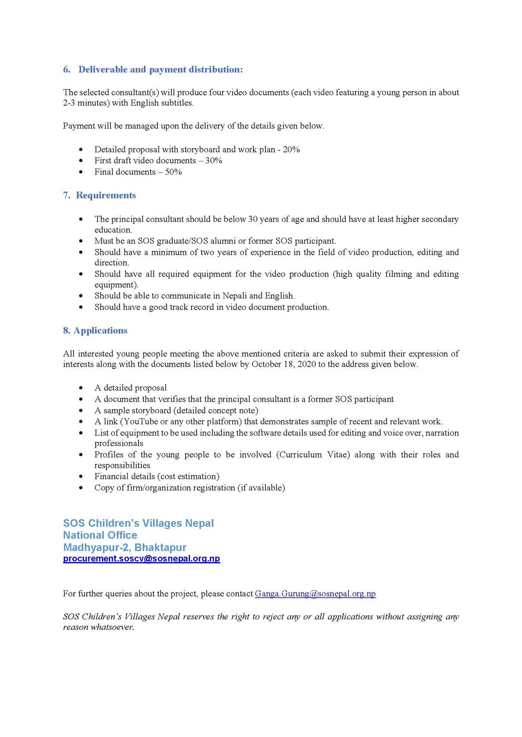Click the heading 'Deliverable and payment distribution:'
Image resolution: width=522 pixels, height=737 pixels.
pos(160,69)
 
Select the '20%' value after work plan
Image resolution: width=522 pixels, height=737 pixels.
pos(291,149)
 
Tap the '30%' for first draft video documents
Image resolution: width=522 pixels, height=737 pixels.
pos(214,161)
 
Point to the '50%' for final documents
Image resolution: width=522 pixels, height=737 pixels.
pos(173,172)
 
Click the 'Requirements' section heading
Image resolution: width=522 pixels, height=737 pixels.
pos(106,195)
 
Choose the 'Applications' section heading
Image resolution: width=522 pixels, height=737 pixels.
pos(100,330)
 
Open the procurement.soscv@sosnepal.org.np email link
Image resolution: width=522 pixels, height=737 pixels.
pos(141,558)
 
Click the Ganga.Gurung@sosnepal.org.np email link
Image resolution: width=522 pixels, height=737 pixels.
pos(315,594)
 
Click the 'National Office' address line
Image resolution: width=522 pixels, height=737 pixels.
pos(100,535)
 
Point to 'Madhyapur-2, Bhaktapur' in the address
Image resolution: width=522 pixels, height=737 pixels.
pos(124,547)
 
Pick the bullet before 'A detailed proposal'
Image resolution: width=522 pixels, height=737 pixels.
pos(81,388)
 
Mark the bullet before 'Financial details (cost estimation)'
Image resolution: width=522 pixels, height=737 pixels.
pos(81,476)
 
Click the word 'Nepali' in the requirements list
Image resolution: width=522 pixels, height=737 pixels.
pos(234,296)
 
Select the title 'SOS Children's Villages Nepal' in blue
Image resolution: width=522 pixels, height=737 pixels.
pos(138,523)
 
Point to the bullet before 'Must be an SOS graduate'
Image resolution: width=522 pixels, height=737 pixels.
pos(81,241)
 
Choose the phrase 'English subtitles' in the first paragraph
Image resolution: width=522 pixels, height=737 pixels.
pos(162,103)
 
